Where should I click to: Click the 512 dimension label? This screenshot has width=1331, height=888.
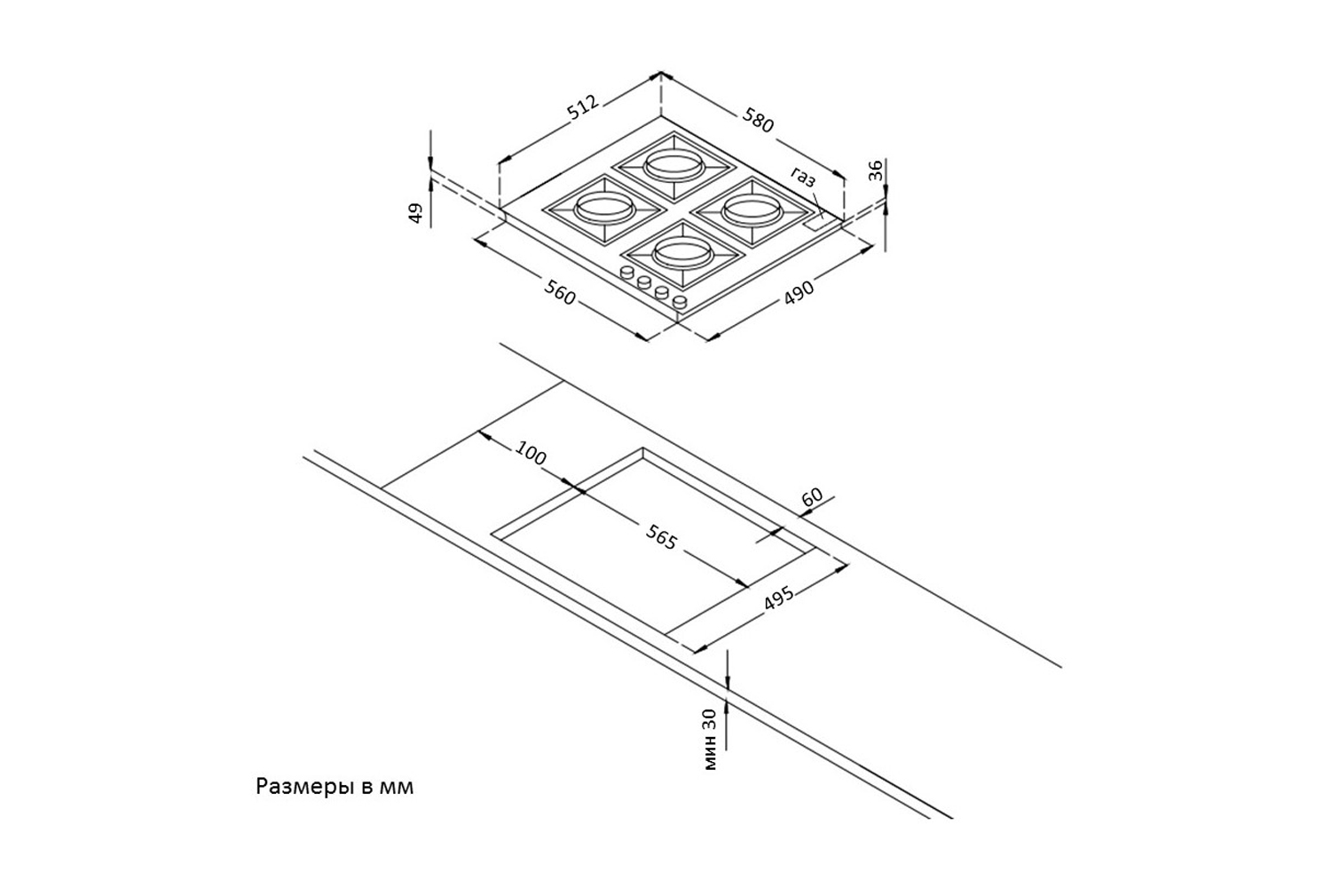tap(583, 107)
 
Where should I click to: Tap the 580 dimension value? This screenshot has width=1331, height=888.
tap(758, 121)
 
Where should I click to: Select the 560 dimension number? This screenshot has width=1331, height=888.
tap(560, 292)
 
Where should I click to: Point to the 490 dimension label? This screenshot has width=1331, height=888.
tap(799, 292)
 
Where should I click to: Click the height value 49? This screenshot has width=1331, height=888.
tap(416, 213)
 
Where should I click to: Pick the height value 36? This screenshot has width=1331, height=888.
tap(875, 170)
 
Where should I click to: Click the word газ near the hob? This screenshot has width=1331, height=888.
tap(803, 178)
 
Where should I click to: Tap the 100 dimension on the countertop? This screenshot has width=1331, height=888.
tap(530, 453)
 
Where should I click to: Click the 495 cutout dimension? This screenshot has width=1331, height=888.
tap(778, 599)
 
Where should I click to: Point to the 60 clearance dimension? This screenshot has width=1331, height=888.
tap(812, 496)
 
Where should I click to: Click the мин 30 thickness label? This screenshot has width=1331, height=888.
tap(710, 740)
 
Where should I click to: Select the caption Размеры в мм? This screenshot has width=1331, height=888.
tap(335, 787)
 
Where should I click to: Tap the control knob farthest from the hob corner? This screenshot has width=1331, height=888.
tap(626, 273)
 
